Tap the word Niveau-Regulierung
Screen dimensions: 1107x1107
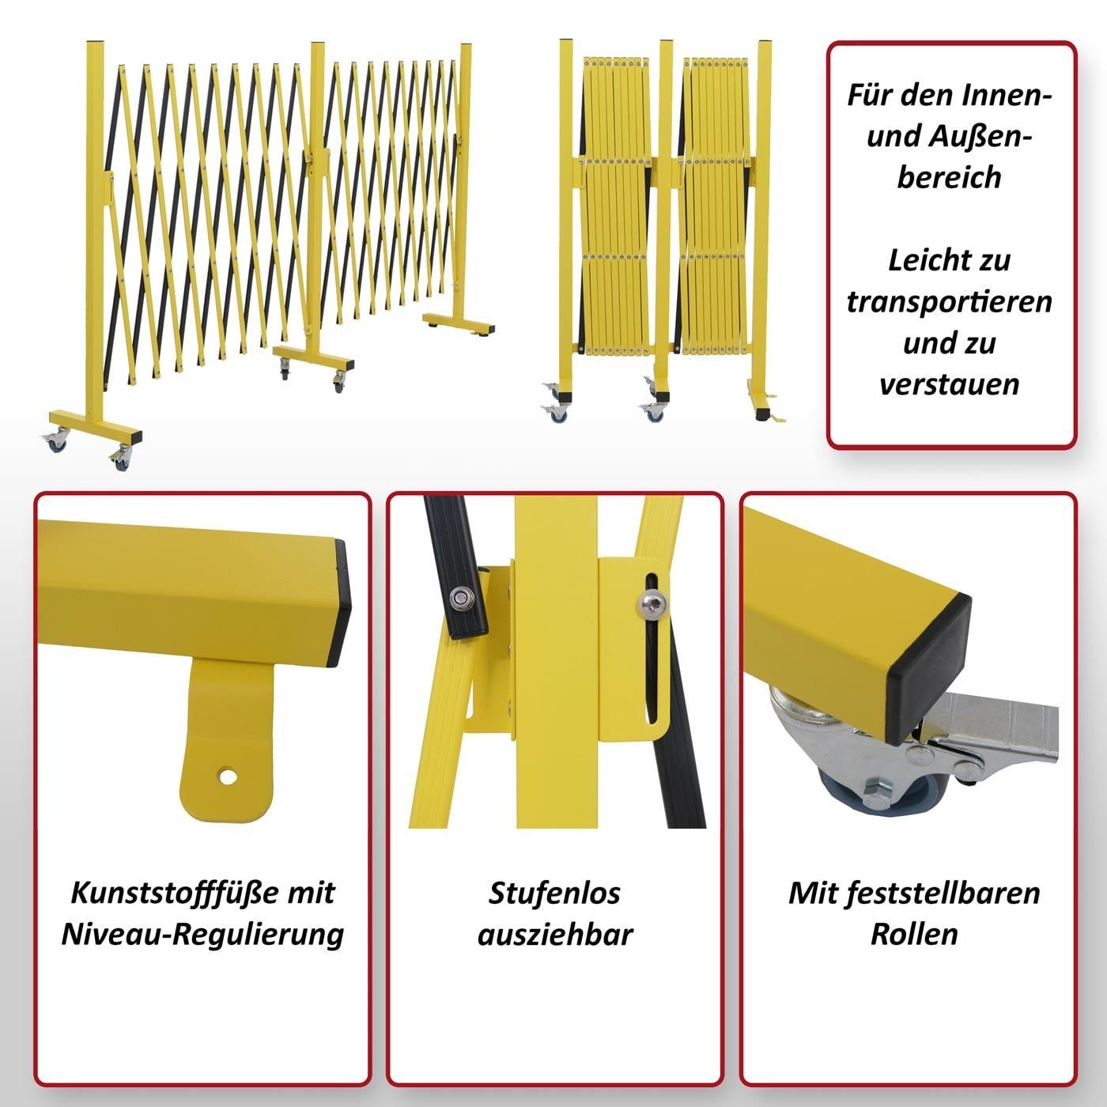pyautogui.click(x=202, y=934)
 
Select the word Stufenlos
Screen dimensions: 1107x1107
pyautogui.click(x=554, y=893)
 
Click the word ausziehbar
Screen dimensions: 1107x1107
pyautogui.click(x=555, y=934)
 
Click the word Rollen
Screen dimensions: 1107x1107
pyautogui.click(x=914, y=934)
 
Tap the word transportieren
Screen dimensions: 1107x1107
pyautogui.click(x=949, y=301)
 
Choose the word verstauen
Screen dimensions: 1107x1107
pyautogui.click(x=949, y=384)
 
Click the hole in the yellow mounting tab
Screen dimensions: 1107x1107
pyautogui.click(x=228, y=776)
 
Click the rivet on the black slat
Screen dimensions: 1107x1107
pyautogui.click(x=461, y=599)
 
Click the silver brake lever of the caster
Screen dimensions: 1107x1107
pyautogui.click(x=994, y=730)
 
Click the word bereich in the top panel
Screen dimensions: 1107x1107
pyautogui.click(x=949, y=177)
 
